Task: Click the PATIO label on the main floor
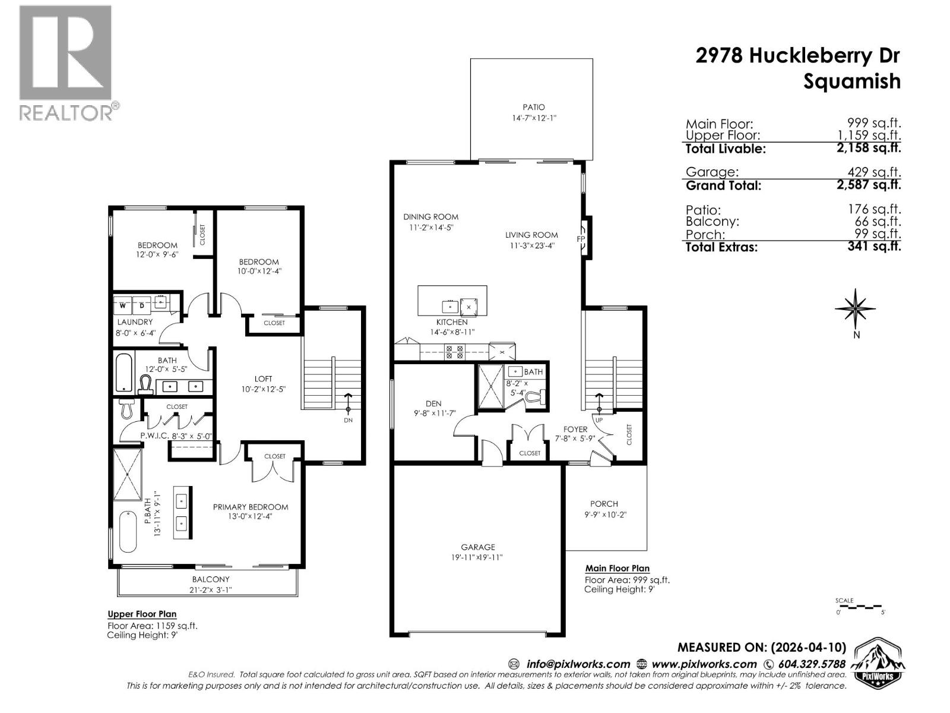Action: pos(533,107)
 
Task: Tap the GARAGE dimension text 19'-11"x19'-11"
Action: pos(478,557)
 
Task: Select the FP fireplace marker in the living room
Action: pos(581,239)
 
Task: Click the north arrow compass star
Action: pos(855,308)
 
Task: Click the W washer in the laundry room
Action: pos(123,305)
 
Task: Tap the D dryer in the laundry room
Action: pos(142,305)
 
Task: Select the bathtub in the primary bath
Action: pos(128,531)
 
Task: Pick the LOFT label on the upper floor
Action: pos(263,378)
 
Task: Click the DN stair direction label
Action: pos(349,420)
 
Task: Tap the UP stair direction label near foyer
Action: pos(599,419)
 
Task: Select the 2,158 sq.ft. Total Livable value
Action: pos(868,148)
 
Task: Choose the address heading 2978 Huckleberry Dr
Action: pos(797,56)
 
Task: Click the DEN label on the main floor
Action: pos(433,403)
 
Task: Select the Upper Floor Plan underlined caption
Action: pos(142,614)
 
